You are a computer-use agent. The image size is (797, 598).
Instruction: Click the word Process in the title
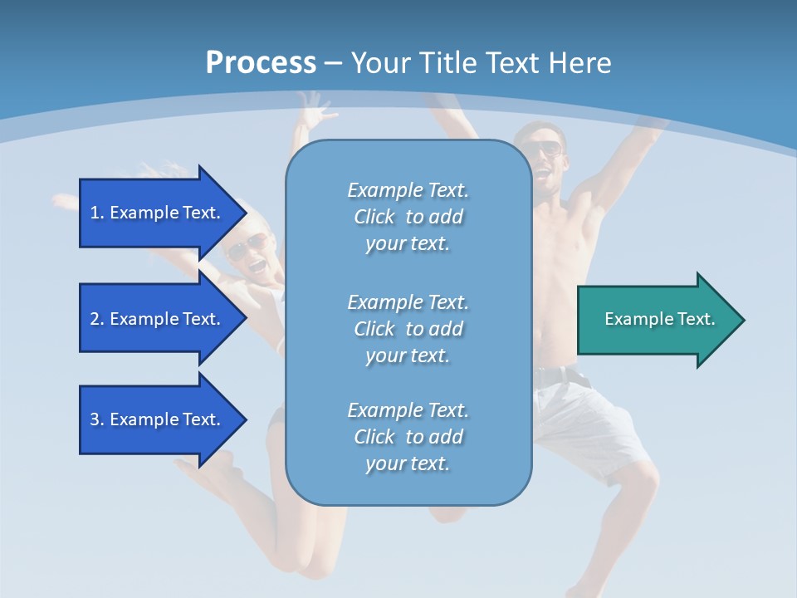[261, 62]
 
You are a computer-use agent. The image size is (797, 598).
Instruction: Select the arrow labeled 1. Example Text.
[158, 213]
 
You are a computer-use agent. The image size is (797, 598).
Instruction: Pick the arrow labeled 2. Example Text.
[158, 319]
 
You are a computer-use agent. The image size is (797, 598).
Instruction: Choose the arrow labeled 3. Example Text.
[158, 419]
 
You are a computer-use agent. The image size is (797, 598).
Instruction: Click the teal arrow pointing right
[656, 319]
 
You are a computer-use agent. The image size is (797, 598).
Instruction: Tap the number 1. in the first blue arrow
[97, 213]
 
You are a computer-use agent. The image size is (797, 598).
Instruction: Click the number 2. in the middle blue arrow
[97, 319]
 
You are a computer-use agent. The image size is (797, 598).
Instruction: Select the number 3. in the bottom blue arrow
[97, 419]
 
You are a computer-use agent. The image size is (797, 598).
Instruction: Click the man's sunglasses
[545, 149]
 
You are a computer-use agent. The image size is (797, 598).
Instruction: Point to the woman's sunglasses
[249, 245]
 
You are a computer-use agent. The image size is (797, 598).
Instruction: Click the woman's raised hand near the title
[315, 108]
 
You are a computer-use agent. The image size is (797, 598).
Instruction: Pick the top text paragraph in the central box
[408, 217]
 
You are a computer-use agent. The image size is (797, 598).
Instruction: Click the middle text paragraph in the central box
[408, 329]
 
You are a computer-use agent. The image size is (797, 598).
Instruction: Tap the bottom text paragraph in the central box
[408, 437]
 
